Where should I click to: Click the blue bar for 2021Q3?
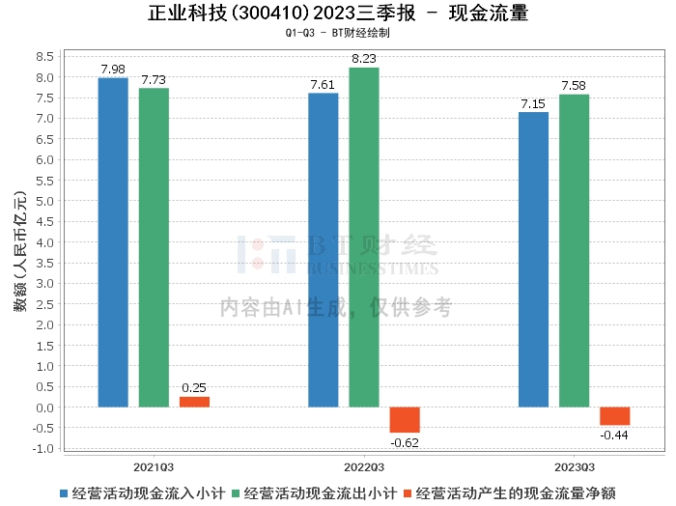[113, 242]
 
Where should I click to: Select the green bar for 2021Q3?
[154, 247]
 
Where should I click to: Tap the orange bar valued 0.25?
[194, 402]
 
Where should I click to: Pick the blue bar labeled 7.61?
[323, 250]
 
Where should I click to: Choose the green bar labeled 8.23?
[364, 238]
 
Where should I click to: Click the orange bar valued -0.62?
[405, 420]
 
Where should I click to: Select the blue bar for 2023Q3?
[533, 260]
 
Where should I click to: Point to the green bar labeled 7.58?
[574, 251]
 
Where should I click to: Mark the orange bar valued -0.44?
[614, 416]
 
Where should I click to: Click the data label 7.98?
[113, 69]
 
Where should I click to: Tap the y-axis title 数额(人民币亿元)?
[20, 252]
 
